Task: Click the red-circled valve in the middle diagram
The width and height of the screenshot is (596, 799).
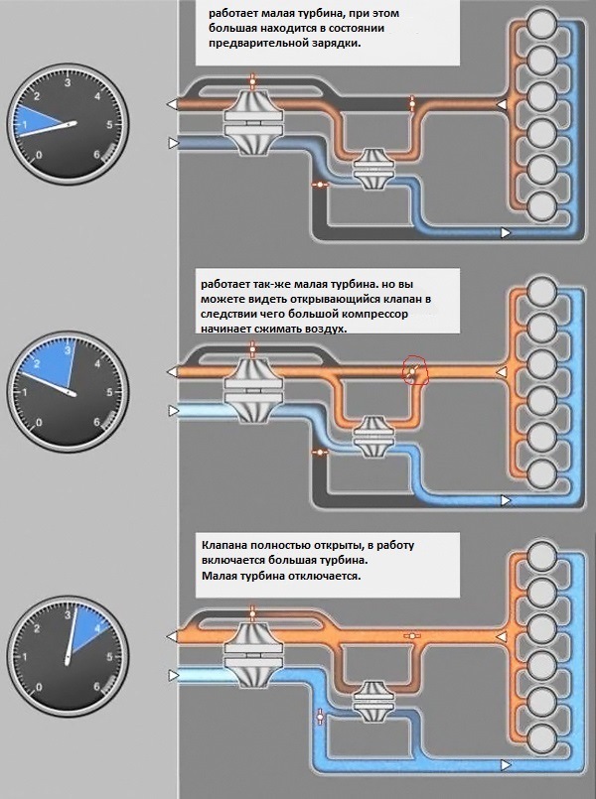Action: [413, 370]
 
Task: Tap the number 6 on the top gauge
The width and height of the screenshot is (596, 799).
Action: [97, 155]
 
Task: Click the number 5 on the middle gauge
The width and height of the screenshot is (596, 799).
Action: [109, 392]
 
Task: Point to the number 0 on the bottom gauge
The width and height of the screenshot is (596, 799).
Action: [40, 688]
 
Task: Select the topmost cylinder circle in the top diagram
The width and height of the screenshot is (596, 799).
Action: [541, 23]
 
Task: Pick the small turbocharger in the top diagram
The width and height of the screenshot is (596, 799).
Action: [373, 169]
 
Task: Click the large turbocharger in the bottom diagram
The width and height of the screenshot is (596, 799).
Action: [253, 654]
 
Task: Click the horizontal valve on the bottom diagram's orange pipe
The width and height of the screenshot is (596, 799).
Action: [411, 636]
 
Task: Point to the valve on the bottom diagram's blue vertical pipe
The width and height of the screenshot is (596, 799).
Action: [320, 716]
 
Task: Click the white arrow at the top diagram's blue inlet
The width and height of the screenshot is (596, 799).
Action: [174, 143]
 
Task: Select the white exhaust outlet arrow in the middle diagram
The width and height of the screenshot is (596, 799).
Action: [172, 372]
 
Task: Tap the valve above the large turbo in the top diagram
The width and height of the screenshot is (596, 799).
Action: [252, 80]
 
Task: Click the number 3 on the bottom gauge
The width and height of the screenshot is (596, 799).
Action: [67, 615]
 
